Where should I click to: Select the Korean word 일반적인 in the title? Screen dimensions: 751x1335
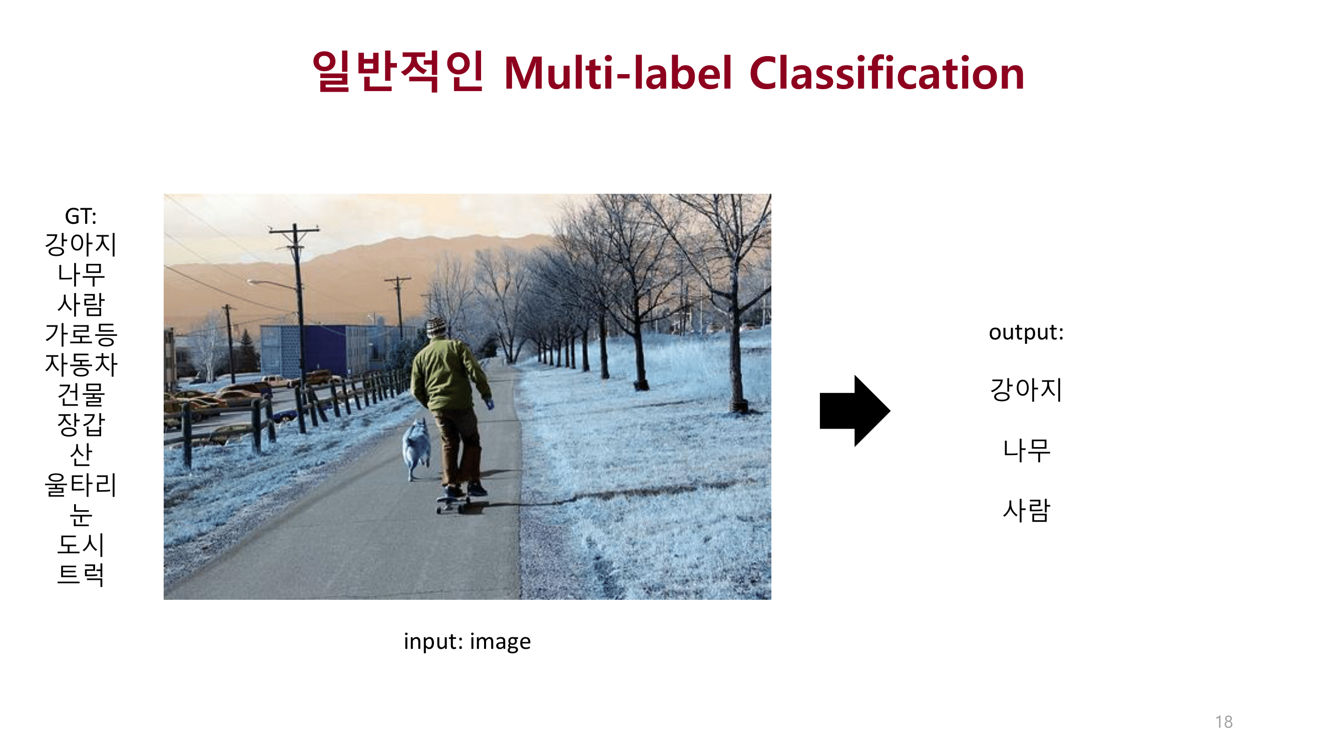(398, 73)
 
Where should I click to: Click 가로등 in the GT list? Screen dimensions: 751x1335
(82, 334)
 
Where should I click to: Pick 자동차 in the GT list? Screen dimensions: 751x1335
(82, 364)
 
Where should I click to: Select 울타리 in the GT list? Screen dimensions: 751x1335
(82, 485)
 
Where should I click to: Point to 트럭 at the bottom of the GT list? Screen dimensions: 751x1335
(82, 574)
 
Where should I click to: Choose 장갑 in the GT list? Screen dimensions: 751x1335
(82, 425)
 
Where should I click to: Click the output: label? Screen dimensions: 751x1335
(1026, 332)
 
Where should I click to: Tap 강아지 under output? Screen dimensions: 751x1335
(1026, 390)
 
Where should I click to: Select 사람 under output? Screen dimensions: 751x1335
(1026, 510)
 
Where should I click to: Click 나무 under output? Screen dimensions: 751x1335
(1026, 450)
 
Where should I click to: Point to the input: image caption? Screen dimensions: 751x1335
(467, 642)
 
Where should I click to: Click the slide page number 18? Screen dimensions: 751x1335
(1223, 722)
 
